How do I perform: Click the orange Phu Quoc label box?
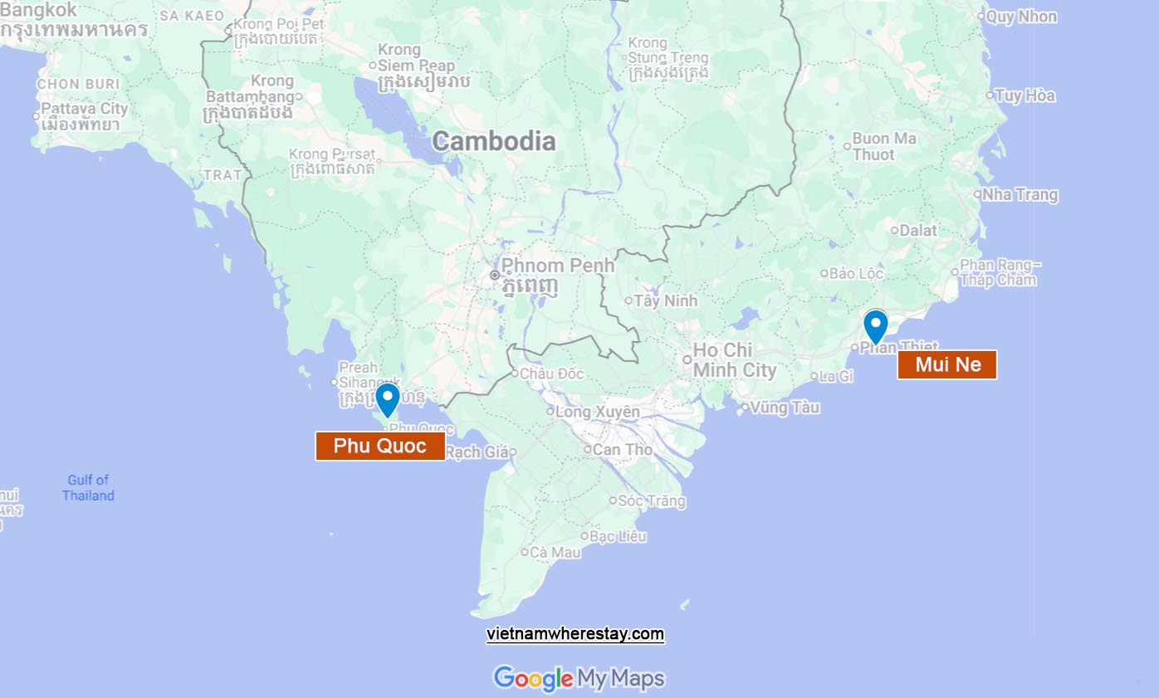point(379,446)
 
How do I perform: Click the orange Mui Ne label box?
point(947,364)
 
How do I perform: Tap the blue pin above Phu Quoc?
point(388,399)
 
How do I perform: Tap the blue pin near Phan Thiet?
point(876,325)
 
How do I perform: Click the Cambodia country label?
point(493,141)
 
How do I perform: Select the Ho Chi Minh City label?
point(734,360)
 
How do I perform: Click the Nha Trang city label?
point(1020,195)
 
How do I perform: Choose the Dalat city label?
point(917,231)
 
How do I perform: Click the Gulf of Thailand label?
point(88,487)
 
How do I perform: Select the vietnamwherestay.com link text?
point(575,634)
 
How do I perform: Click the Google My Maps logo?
point(579,678)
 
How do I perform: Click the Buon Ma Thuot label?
point(883,146)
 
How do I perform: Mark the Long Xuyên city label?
point(597,412)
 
